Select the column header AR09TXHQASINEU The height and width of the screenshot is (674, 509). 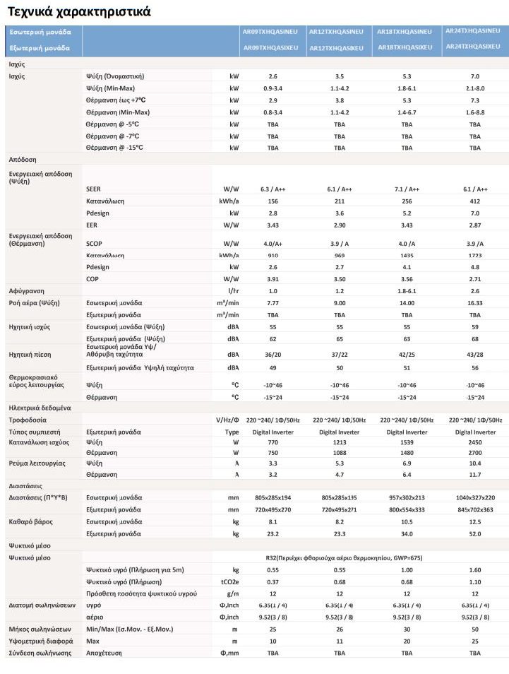(x=270, y=32)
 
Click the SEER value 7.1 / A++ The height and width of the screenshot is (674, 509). (x=407, y=189)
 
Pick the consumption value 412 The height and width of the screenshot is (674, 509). (x=475, y=201)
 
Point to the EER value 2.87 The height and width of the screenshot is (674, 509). (x=475, y=225)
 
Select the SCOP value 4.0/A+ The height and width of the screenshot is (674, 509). (x=273, y=244)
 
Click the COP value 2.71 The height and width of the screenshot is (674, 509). (x=475, y=279)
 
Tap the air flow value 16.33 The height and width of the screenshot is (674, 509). (x=475, y=302)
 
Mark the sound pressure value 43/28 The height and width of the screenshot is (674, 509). (x=475, y=355)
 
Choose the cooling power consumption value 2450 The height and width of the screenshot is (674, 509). (x=475, y=442)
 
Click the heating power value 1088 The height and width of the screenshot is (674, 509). (x=340, y=452)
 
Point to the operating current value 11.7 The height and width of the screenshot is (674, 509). (x=475, y=474)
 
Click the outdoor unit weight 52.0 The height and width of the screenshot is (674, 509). (x=475, y=533)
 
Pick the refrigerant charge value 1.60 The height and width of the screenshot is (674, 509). (x=475, y=569)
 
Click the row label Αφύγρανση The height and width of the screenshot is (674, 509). (x=26, y=291)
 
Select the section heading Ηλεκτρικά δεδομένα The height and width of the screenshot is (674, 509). (x=40, y=408)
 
